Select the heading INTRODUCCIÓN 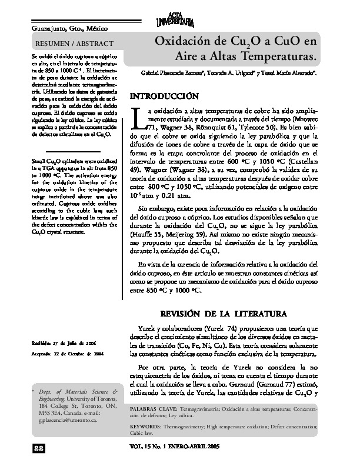168,95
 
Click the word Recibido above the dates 42,343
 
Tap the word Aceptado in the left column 42,353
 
